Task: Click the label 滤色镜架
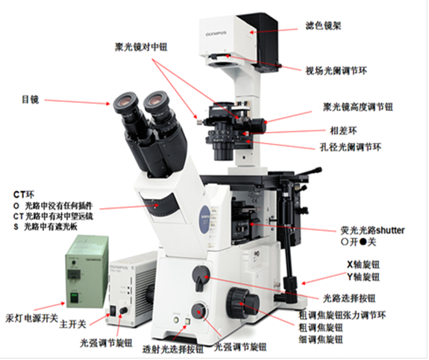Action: pyautogui.click(x=323, y=26)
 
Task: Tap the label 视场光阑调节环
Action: pyautogui.click(x=336, y=71)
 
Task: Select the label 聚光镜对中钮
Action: pyautogui.click(x=141, y=47)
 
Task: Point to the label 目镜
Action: pyautogui.click(x=31, y=99)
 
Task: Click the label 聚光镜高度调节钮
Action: pyautogui.click(x=358, y=107)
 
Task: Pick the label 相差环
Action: pyautogui.click(x=344, y=130)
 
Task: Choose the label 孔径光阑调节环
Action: pyautogui.click(x=351, y=148)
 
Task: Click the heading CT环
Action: pyautogui.click(x=24, y=195)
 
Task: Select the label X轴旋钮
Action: pyautogui.click(x=363, y=265)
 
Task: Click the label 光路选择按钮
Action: pyautogui.click(x=349, y=298)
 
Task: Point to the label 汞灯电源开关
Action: pyautogui.click(x=32, y=318)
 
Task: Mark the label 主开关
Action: pyautogui.click(x=73, y=324)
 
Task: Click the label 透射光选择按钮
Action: pyautogui.click(x=173, y=349)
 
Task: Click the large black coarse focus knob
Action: pyautogui.click(x=242, y=303)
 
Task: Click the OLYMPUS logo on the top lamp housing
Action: pyautogui.click(x=216, y=34)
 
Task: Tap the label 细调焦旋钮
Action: pyautogui.click(x=321, y=339)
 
